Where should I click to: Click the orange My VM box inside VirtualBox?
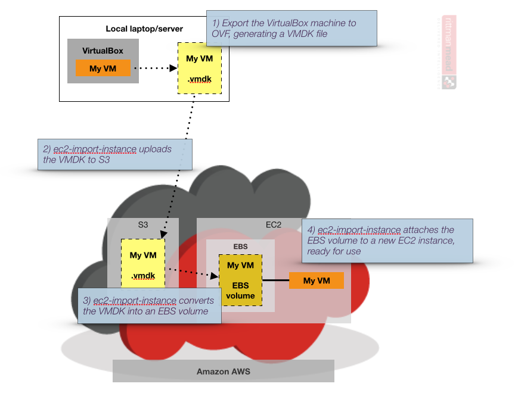[x=103, y=68]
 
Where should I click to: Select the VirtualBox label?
[x=103, y=51]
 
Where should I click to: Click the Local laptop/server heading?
[x=144, y=29]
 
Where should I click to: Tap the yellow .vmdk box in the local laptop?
[x=199, y=68]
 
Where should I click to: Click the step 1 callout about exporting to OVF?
[x=291, y=28]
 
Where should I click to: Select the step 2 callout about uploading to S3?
[x=114, y=154]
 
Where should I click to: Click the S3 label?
[x=142, y=225]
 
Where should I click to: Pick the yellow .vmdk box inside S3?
[x=143, y=264]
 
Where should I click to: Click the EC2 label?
[x=273, y=225]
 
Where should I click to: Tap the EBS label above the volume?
[x=240, y=245]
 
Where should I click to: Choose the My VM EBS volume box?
[x=240, y=280]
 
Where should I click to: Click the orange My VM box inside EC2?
[x=317, y=280]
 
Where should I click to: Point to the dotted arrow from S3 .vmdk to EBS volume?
[x=192, y=272]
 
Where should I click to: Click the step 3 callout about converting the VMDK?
[x=149, y=305]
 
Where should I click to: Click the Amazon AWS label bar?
[x=224, y=371]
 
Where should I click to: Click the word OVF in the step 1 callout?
[x=223, y=34]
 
